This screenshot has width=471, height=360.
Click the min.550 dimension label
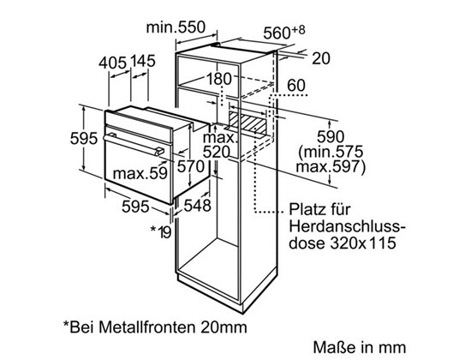(176, 27)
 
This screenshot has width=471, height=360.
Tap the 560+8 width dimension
(283, 33)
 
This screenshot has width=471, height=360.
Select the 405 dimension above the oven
(113, 63)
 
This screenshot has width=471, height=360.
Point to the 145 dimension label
(143, 61)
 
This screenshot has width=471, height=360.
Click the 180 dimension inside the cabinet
(219, 79)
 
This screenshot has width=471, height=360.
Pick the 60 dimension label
(296, 86)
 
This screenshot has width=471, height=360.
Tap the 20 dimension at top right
(321, 58)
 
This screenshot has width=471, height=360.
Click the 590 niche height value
(331, 137)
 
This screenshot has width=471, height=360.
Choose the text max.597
(328, 166)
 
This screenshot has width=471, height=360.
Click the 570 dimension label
(190, 166)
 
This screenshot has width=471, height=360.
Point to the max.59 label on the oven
(140, 173)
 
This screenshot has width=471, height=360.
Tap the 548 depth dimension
(197, 206)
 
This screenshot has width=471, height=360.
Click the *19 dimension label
(161, 231)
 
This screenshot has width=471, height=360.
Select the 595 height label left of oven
(84, 139)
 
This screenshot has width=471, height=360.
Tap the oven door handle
(134, 144)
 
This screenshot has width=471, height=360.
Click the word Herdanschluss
(347, 227)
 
